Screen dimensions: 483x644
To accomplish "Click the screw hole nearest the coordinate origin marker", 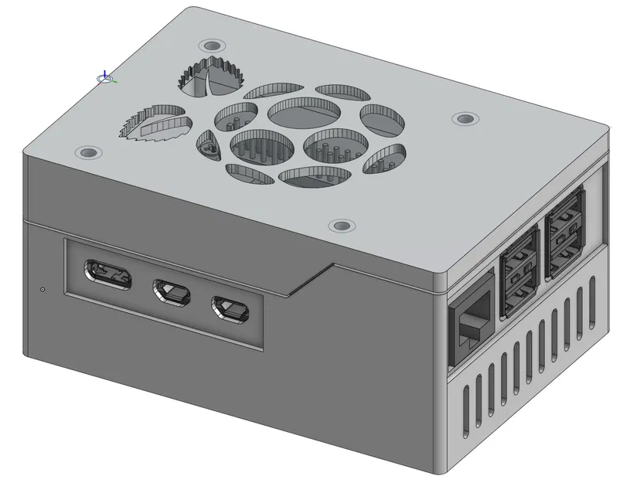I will coord(210,45).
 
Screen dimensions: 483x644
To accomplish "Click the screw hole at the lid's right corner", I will coord(464,119).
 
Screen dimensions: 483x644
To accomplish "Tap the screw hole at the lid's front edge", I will coord(340,226).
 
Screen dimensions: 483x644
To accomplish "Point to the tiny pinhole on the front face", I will coord(42,290).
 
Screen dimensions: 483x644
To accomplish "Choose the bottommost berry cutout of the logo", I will coord(312,176).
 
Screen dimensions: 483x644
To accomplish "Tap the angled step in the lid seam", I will coord(309,279).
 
